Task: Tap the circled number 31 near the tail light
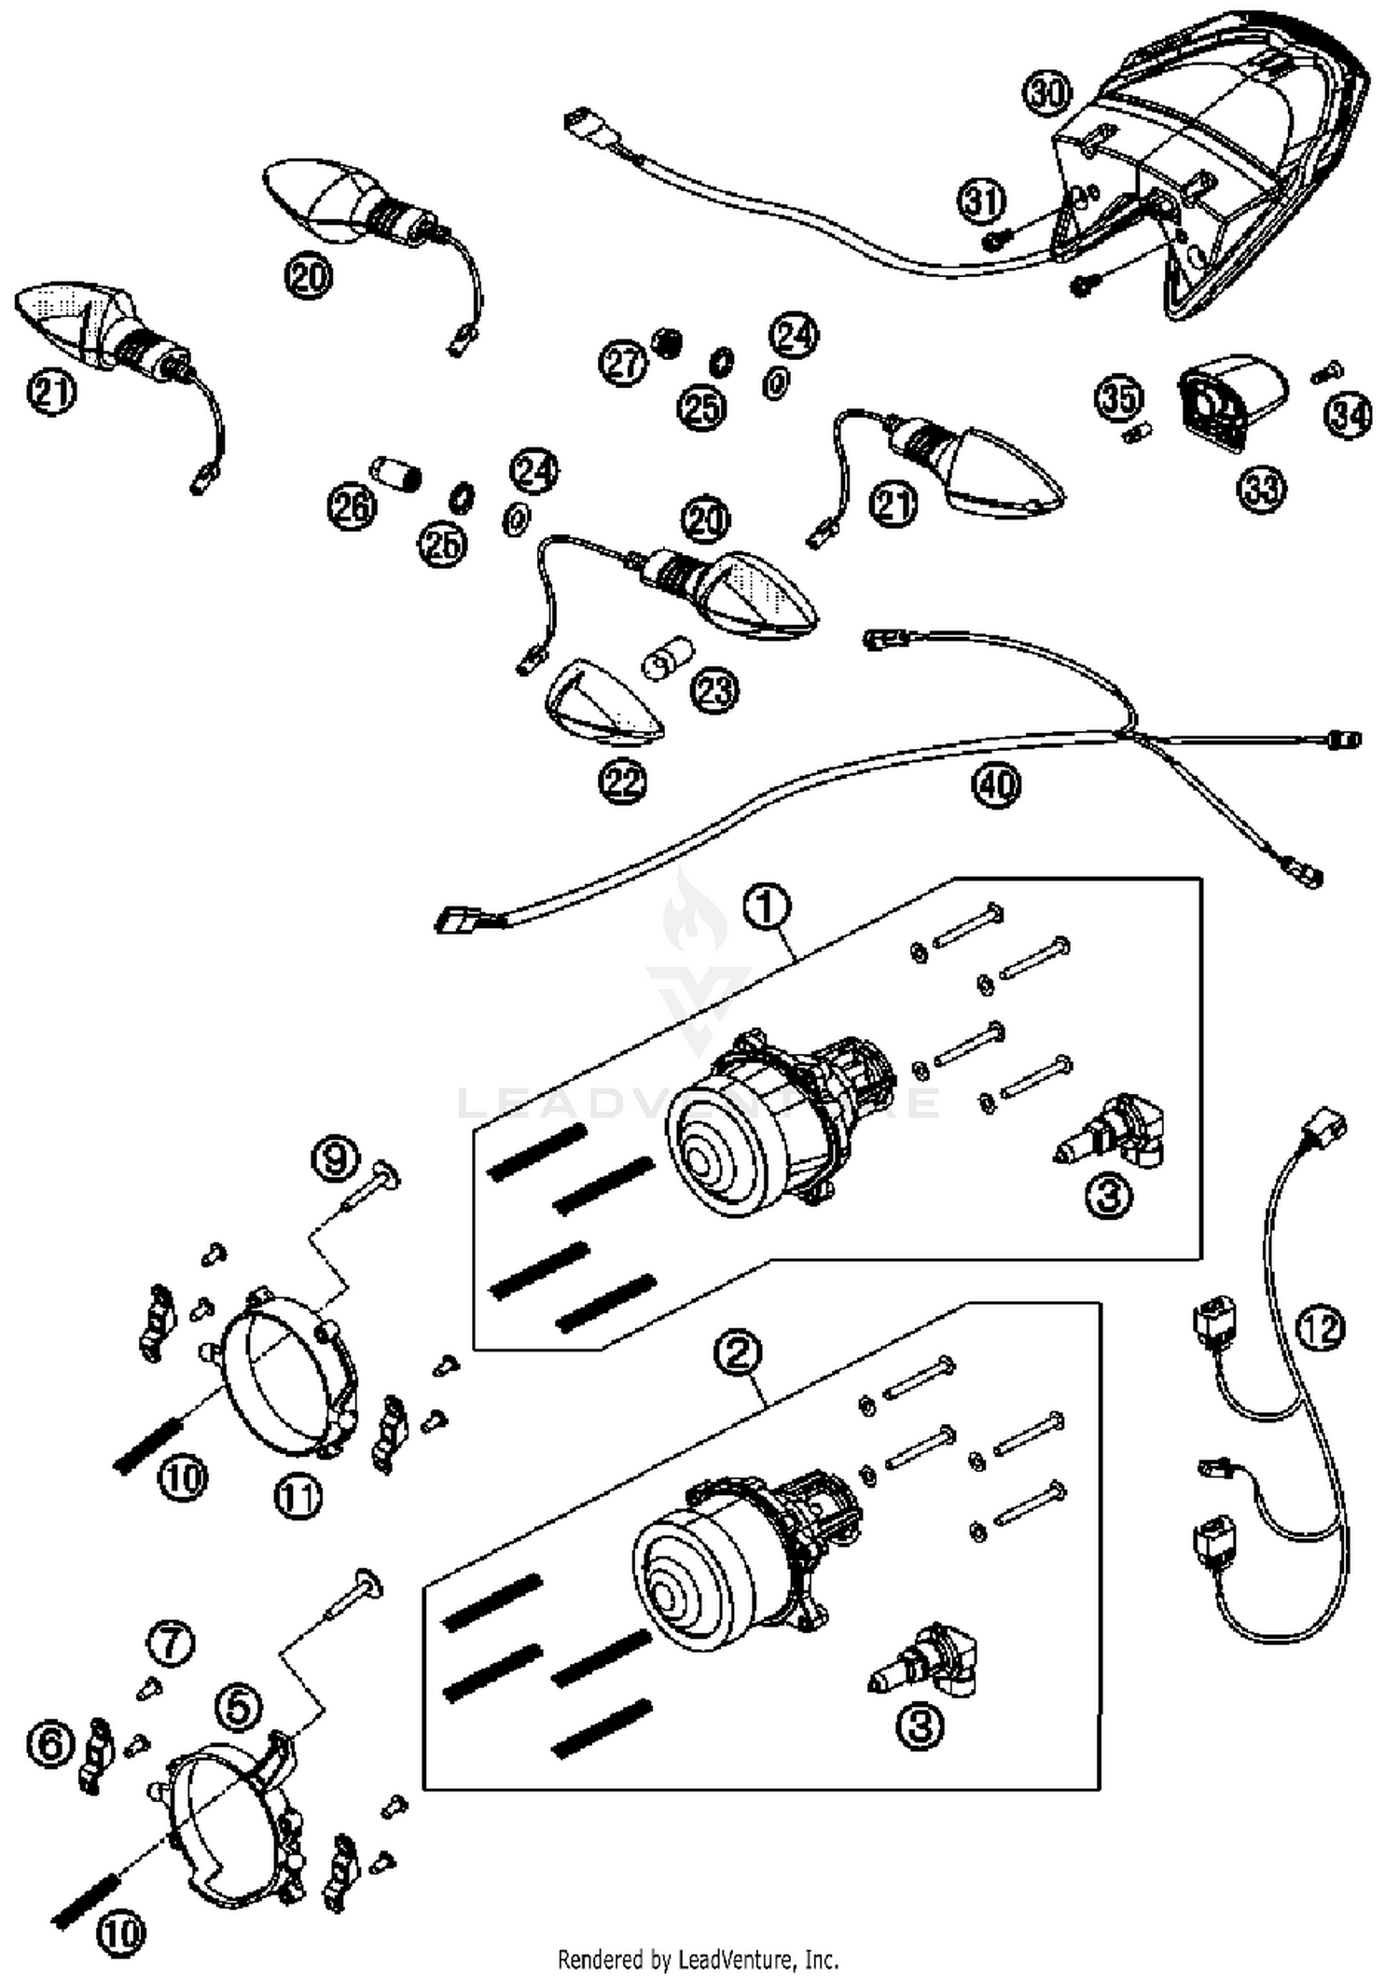[x=982, y=201]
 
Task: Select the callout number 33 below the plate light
[x=1261, y=488]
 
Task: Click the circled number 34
[x=1349, y=414]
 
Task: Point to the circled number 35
[x=1118, y=397]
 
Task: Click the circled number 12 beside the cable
[x=1321, y=1328]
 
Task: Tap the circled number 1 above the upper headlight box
[x=767, y=907]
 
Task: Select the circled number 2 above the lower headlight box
[x=738, y=1351]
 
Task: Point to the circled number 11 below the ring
[x=298, y=1497]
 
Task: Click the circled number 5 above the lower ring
[x=238, y=1709]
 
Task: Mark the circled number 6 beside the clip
[x=51, y=1742]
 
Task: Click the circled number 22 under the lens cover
[x=623, y=782]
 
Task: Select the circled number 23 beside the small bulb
[x=715, y=690]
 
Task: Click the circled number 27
[x=623, y=362]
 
